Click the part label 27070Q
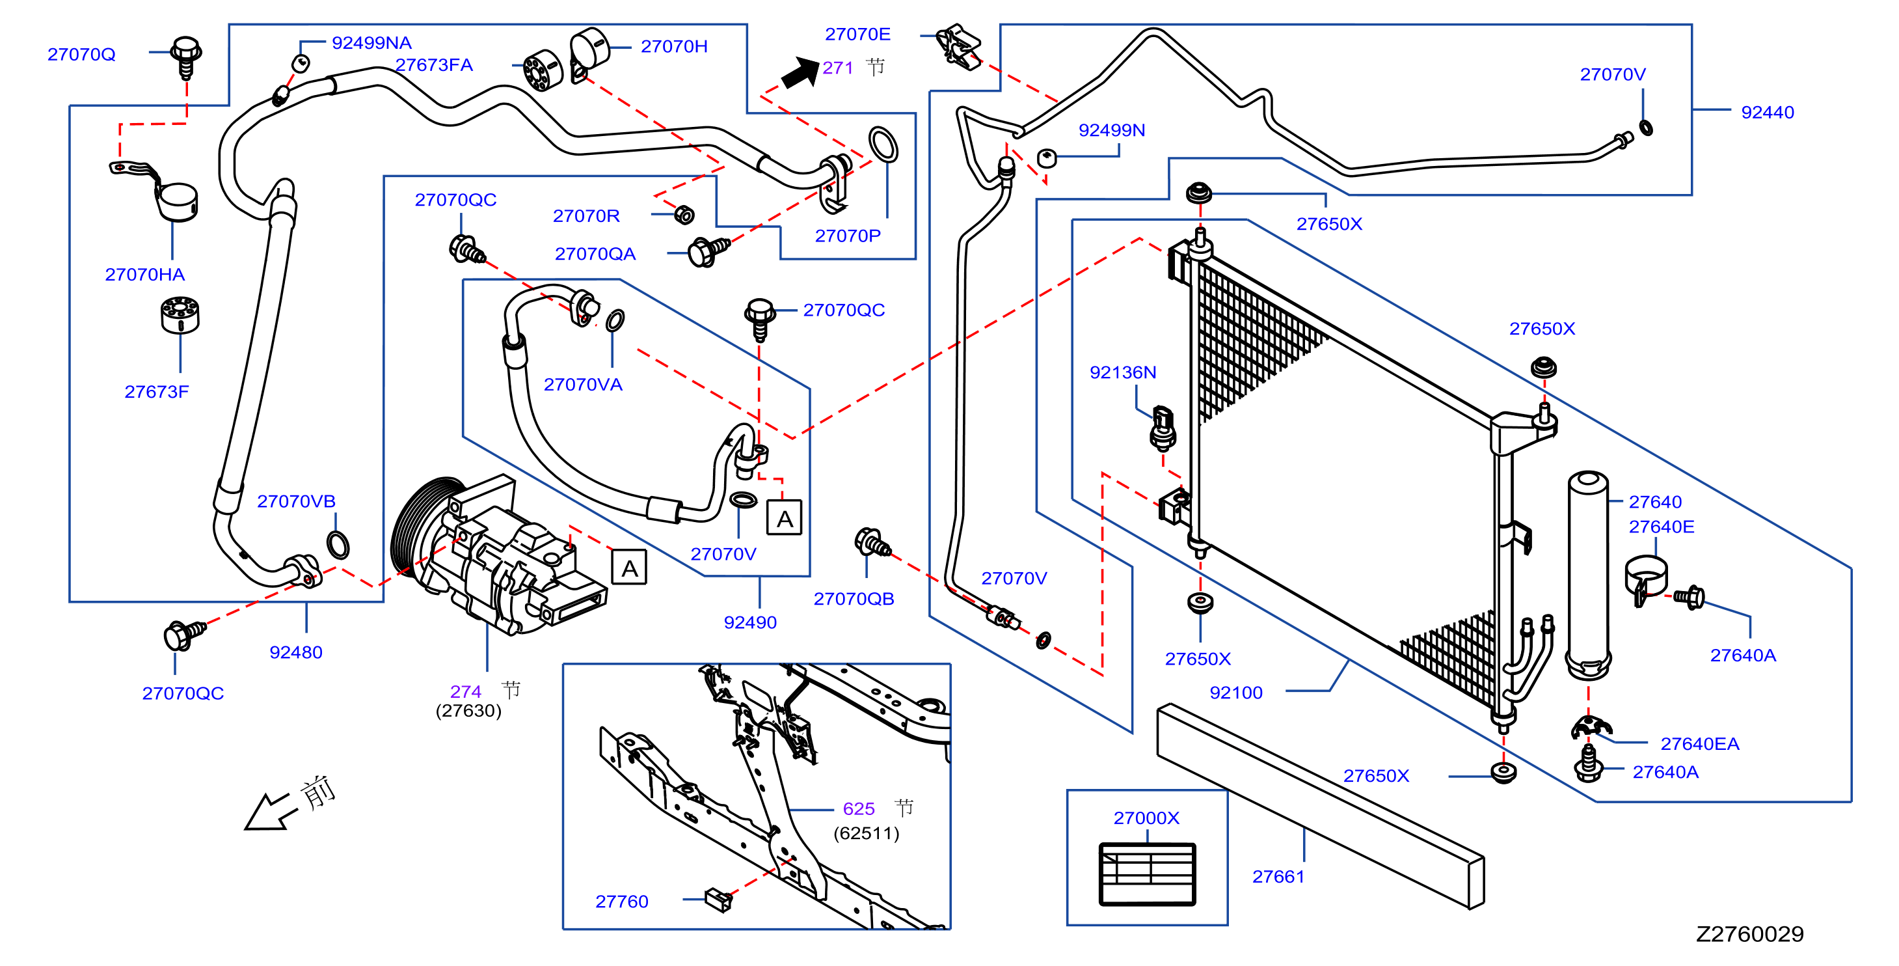[81, 55]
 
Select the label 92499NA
[371, 43]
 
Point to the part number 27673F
[156, 392]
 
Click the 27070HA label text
[144, 274]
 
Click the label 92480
[295, 652]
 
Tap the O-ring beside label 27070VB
[338, 545]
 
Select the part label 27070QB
[854, 599]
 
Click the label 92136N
[1123, 372]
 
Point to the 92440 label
[1767, 112]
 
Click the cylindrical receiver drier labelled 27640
[1588, 575]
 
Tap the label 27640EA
[1699, 743]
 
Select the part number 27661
[1278, 876]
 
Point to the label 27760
[621, 901]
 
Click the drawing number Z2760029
[1749, 933]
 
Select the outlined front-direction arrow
[271, 812]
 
